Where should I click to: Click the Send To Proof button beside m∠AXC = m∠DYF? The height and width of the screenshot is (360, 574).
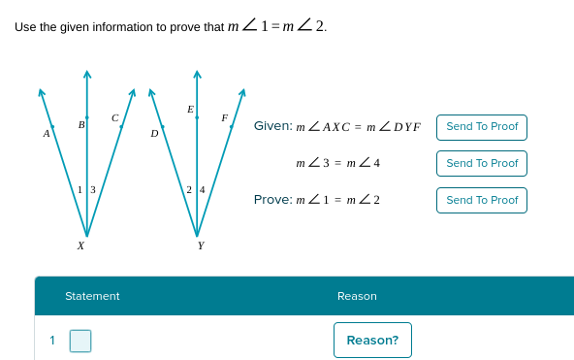(x=482, y=127)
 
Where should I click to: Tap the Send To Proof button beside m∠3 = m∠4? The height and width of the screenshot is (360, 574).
(x=482, y=163)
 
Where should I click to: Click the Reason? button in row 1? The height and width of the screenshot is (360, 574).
(x=372, y=340)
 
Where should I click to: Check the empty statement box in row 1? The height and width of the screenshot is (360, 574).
(x=80, y=341)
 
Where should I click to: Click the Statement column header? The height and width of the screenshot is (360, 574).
(x=92, y=296)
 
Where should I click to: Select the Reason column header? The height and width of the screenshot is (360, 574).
(x=357, y=296)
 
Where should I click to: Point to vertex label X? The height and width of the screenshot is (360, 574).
(x=80, y=246)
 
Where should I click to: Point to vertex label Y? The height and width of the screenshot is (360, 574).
(x=201, y=246)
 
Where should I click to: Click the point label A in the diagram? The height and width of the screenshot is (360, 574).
(x=47, y=134)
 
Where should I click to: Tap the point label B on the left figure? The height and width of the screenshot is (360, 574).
(x=81, y=124)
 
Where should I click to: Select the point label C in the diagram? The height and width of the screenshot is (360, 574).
(x=114, y=117)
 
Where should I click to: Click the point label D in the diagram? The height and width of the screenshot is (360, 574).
(x=154, y=134)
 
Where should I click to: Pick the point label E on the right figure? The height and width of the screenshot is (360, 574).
(x=190, y=108)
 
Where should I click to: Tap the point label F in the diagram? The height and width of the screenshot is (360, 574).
(x=224, y=117)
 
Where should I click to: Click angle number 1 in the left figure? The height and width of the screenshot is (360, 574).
(x=80, y=189)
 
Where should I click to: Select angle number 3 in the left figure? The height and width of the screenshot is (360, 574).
(x=93, y=189)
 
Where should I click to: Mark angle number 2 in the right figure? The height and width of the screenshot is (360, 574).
(x=189, y=189)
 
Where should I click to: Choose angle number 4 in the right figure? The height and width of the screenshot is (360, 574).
(x=203, y=189)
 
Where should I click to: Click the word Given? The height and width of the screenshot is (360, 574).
(x=271, y=126)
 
